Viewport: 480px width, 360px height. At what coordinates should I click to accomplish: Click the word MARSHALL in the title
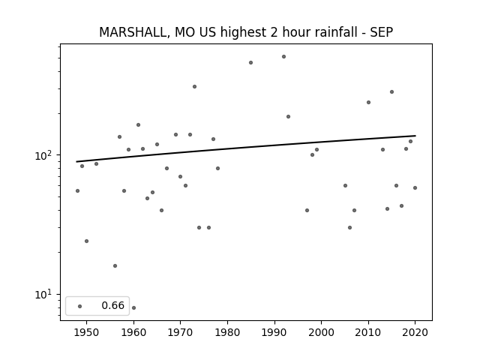[133, 32]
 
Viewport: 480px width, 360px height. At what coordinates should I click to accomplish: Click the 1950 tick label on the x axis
[87, 332]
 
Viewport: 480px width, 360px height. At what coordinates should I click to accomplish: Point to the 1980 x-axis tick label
[227, 332]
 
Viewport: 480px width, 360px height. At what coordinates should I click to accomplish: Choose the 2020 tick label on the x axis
[415, 332]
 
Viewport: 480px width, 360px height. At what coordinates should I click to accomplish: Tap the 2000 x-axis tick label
[322, 332]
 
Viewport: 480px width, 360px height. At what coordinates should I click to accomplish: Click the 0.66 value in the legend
[113, 305]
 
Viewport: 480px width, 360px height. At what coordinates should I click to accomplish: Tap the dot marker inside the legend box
[80, 306]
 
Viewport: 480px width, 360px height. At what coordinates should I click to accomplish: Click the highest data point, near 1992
[283, 57]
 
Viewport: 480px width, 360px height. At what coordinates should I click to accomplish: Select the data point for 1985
[250, 63]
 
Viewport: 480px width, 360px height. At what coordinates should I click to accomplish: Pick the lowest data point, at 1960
[133, 307]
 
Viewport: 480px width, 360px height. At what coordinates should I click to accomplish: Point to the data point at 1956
[115, 265]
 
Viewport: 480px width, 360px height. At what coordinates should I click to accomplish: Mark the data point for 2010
[368, 102]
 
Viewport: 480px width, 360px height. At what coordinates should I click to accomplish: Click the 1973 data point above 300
[194, 87]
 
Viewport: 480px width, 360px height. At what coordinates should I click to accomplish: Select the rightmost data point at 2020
[415, 187]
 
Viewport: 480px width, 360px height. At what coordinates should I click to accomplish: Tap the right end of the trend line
[415, 136]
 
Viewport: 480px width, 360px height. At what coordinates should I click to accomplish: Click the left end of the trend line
[76, 162]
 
